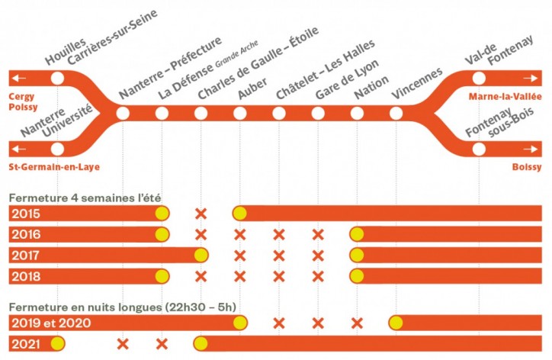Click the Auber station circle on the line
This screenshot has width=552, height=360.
coord(240,114)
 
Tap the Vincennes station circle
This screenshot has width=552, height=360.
coord(396,114)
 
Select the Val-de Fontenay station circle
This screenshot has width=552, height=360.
coord(479,79)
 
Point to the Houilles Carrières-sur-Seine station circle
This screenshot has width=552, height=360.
coord(57,79)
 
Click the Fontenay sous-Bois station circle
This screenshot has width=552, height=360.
coord(479,149)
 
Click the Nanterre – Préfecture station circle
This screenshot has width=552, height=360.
coord(123,114)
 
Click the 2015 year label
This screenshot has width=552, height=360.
coord(27,214)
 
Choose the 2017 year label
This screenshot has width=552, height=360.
coord(27,255)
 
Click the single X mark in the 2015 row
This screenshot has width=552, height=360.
coord(201,214)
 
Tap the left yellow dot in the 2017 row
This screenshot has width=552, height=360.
coord(201,255)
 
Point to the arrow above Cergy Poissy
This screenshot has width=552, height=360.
coord(18,79)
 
